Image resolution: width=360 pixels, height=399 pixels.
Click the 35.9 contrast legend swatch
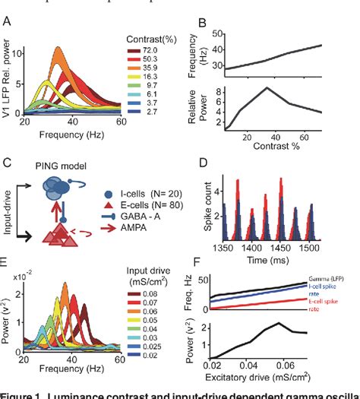(137, 66)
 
